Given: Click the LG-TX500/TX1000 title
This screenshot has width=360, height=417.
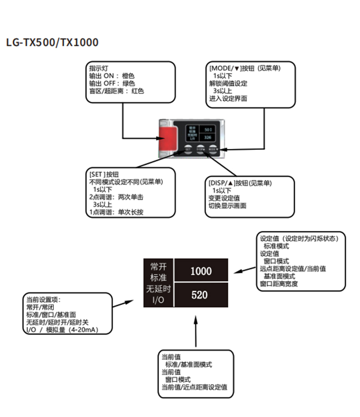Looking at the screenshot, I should tap(52, 42).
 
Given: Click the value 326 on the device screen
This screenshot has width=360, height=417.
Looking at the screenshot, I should tap(208, 137).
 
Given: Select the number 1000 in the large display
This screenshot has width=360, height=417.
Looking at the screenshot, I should tap(201, 271).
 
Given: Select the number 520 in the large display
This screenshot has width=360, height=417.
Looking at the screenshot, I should tap(199, 295).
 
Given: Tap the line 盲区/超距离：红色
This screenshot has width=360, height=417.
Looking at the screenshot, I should tap(116, 91).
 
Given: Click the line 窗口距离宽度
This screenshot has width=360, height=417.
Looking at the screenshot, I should tap(279, 284).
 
